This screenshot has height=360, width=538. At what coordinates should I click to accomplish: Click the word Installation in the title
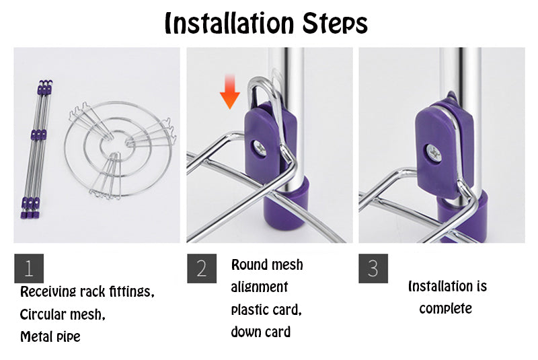(229, 24)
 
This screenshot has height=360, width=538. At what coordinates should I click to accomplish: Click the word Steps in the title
(335, 24)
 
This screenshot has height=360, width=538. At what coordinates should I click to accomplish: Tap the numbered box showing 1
(29, 268)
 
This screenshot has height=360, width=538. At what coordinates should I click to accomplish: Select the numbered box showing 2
(202, 268)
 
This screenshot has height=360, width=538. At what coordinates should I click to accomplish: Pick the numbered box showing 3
(373, 268)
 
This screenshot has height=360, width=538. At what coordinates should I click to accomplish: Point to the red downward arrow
(230, 92)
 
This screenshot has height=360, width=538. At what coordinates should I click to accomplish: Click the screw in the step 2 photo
(260, 149)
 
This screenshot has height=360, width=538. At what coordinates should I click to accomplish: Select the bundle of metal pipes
(36, 149)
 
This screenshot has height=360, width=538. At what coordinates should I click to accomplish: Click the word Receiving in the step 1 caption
(48, 292)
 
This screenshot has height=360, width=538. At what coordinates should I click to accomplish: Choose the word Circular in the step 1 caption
(42, 314)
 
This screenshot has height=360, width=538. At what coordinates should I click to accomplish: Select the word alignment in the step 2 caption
(260, 287)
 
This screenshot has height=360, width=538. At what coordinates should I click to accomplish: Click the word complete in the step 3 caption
(445, 308)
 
